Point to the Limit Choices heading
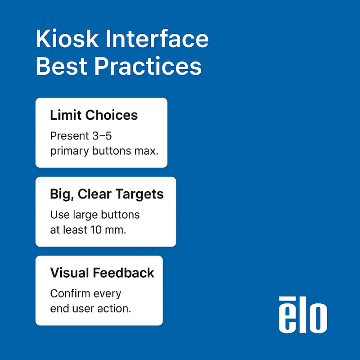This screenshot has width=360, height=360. coord(94,115)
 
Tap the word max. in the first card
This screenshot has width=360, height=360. coord(147,151)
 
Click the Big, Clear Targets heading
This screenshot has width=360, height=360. coord(107,194)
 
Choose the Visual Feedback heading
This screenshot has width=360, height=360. coord(102,273)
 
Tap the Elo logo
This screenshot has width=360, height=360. coord(302,315)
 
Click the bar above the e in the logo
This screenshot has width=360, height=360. coord(287,298)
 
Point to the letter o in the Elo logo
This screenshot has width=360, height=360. coord(318,319)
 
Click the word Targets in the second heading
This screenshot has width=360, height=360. coord(140,194)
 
